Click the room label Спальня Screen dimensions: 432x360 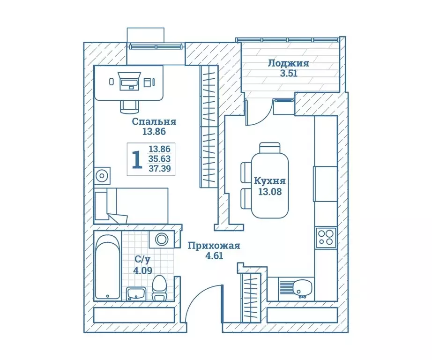[x=154, y=121]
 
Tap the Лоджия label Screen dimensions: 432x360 [x=289, y=63]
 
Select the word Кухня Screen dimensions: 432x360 [x=270, y=181]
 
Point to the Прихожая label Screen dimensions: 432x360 [x=214, y=246]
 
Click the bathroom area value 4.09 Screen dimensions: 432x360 [x=143, y=270]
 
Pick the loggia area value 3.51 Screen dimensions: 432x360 [x=289, y=74]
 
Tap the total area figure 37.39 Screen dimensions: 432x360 [x=160, y=168]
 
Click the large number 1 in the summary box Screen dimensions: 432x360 [x=137, y=159]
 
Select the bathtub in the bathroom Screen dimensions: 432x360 [x=108, y=267]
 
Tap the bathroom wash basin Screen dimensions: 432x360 [x=136, y=293]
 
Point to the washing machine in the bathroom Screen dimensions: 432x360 [x=162, y=239]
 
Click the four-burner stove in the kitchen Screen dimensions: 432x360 [x=326, y=238]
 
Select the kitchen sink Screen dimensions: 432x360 [x=302, y=289]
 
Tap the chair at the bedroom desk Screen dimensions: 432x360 [x=129, y=107]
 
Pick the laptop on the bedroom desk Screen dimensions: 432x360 [x=129, y=81]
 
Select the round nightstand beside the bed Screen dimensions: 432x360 [x=102, y=176]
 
